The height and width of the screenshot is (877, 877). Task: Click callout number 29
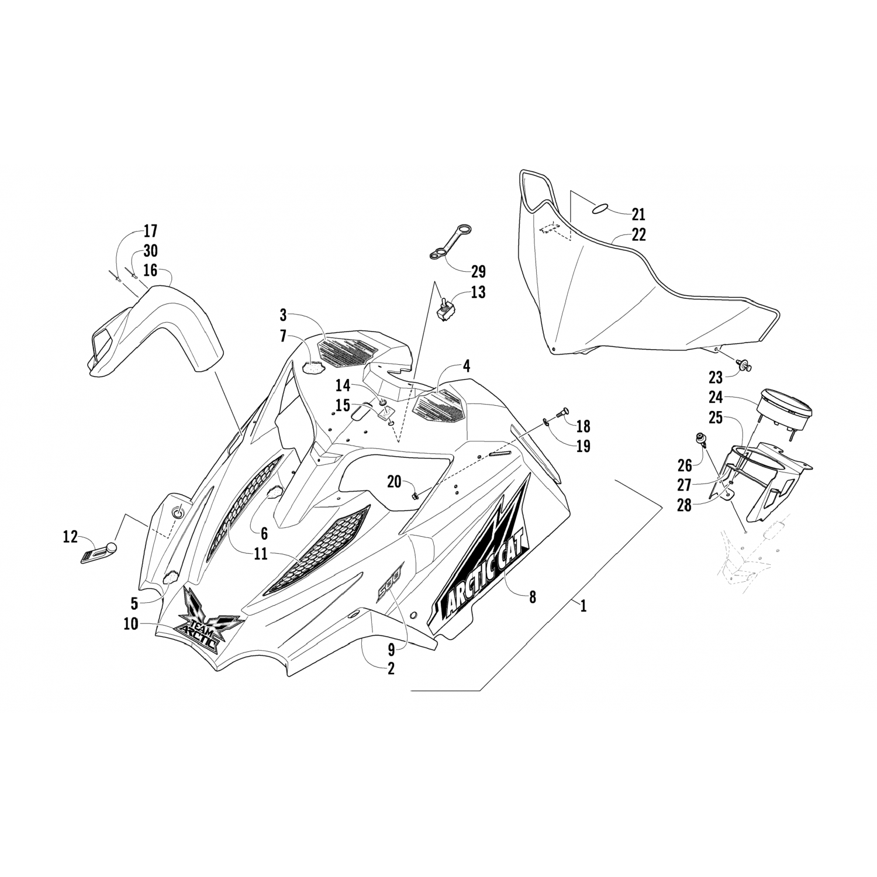(x=478, y=271)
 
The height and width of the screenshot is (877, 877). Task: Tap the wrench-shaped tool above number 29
(x=449, y=241)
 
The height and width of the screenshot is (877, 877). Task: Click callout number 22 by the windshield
(x=638, y=235)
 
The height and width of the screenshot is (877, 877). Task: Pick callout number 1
(x=583, y=606)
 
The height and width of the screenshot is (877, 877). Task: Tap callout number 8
(x=532, y=597)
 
